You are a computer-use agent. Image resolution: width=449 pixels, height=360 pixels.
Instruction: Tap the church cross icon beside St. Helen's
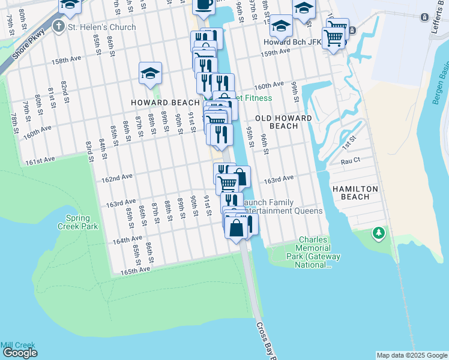tap(59, 26)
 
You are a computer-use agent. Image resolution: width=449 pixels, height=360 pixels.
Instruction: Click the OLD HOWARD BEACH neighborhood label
tap(284, 122)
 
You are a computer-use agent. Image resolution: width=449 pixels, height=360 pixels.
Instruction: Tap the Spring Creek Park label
tap(73, 222)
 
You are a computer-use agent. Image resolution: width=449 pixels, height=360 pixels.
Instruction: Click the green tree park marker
tap(378, 232)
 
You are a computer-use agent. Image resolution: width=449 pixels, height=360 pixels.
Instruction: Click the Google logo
tap(20, 353)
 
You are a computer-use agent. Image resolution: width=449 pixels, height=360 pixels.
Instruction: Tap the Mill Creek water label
tap(18, 346)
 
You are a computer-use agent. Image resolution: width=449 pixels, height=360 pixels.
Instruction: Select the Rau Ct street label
tap(350, 161)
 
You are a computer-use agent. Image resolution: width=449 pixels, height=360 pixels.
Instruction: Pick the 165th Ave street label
tap(135, 270)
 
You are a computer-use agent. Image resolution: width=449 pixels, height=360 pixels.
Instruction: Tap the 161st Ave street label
tap(40, 161)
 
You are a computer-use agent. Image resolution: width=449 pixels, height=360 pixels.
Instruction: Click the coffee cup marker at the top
tap(203, 5)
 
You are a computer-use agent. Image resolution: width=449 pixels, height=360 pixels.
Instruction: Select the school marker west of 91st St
tap(150, 73)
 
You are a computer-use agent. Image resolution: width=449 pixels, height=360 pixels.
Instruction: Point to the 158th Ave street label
tap(66, 61)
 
